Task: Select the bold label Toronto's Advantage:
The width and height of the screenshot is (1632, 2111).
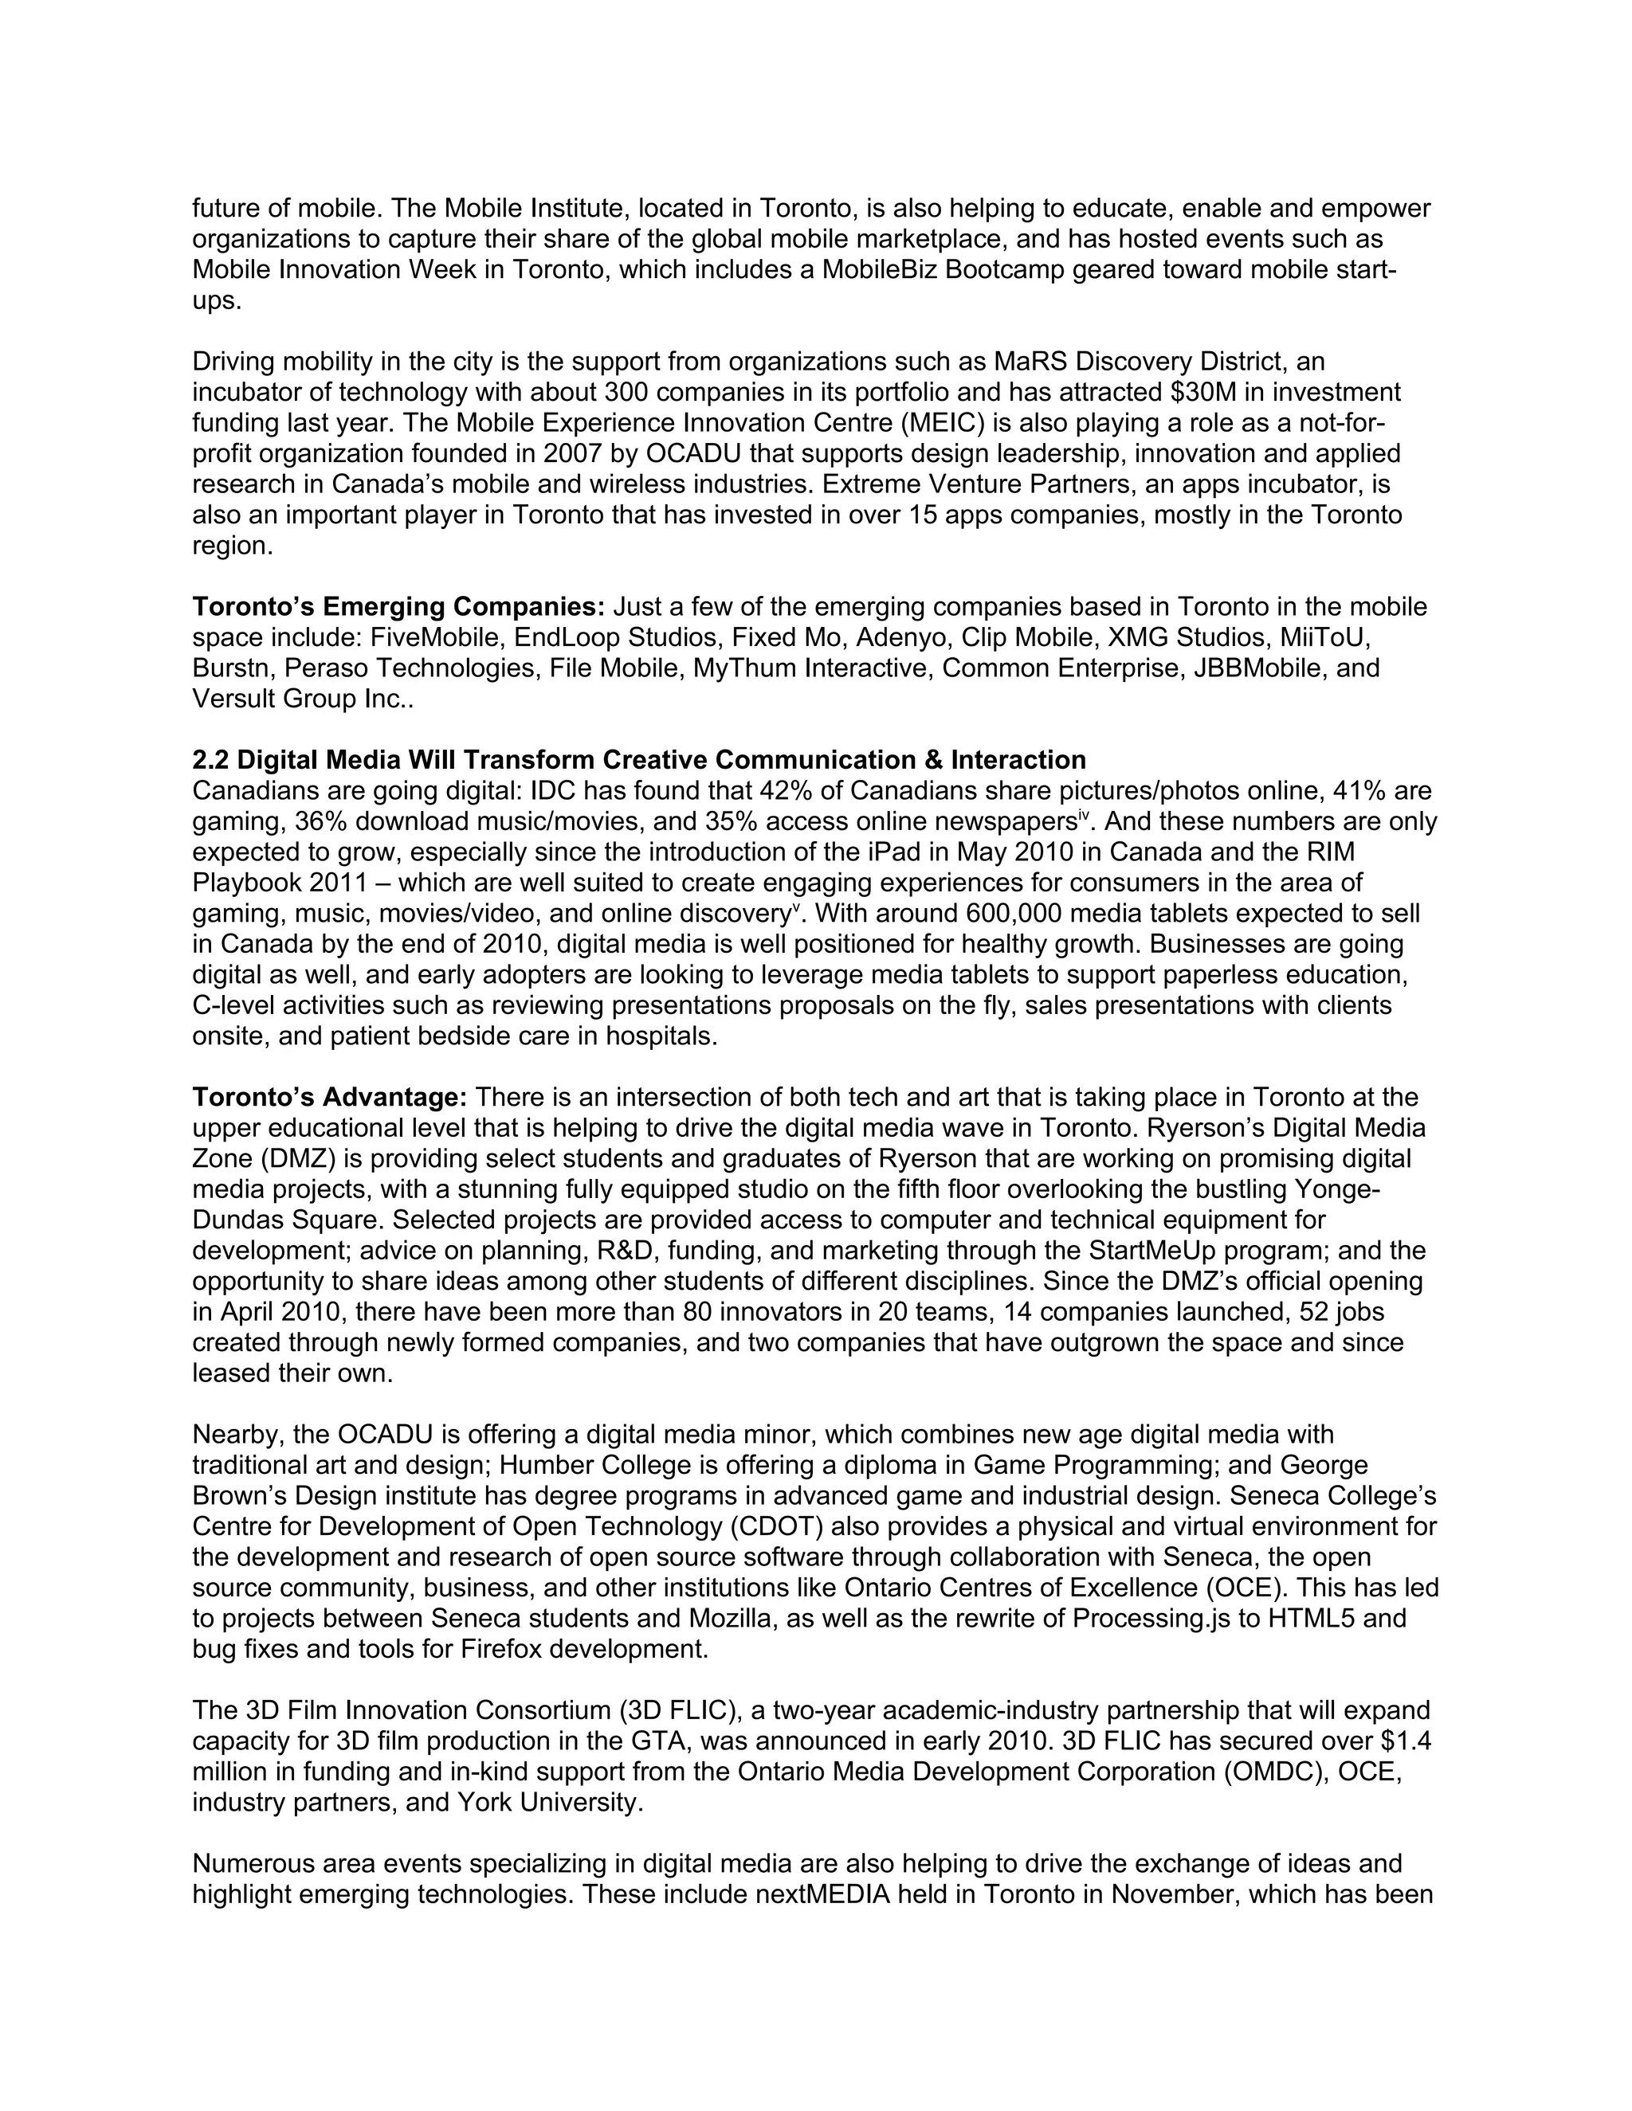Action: pyautogui.click(x=330, y=1097)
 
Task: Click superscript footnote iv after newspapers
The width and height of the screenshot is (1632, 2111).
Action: pyautogui.click(x=1084, y=816)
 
